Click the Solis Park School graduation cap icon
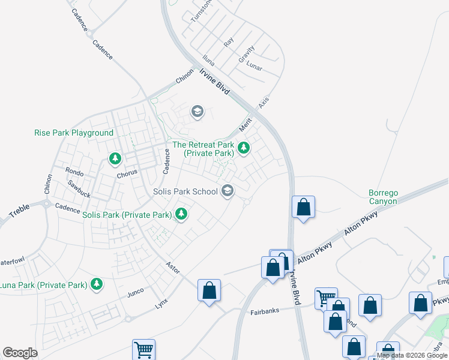[227, 191]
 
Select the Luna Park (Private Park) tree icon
[96, 284]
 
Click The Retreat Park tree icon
[243, 147]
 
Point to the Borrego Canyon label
[384, 197]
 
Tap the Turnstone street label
[202, 10]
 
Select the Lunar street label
[255, 65]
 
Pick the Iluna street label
[208, 61]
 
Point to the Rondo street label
[75, 172]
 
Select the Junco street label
[135, 292]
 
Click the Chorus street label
[127, 173]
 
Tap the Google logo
[20, 353]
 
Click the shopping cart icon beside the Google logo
[143, 349]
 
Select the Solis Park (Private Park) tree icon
[181, 214]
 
